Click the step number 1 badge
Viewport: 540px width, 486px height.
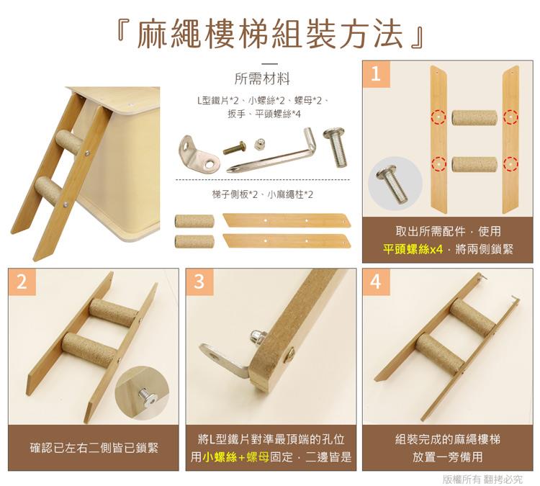[x=374, y=73]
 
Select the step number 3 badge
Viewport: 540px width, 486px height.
[x=198, y=282]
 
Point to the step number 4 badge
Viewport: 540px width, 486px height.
[x=374, y=282]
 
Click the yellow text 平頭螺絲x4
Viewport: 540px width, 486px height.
[x=413, y=249]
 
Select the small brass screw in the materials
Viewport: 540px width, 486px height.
[x=235, y=148]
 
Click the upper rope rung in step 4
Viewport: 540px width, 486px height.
[x=472, y=315]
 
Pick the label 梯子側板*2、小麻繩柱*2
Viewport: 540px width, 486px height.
[x=263, y=194]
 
